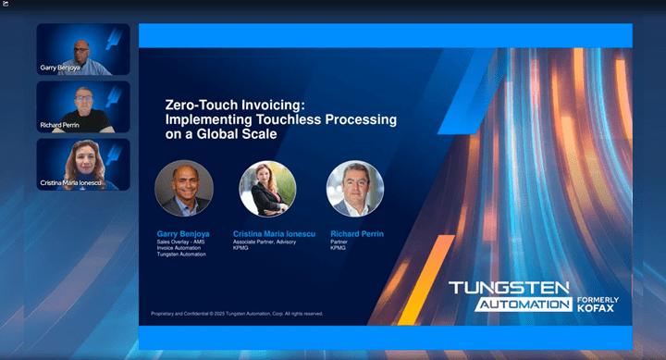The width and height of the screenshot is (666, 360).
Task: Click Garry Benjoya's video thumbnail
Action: coord(83,49)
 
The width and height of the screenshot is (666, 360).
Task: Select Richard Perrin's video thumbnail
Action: coord(83,107)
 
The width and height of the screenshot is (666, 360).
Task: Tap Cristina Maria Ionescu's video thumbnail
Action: coord(83,165)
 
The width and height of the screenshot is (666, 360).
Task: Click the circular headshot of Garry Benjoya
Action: coord(183,189)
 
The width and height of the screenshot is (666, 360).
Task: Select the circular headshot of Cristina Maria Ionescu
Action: coord(267,189)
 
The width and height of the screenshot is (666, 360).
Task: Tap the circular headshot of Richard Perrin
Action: coord(354,189)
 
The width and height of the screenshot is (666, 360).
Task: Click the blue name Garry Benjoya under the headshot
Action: coord(183,234)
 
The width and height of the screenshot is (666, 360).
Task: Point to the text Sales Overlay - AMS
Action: coord(179,242)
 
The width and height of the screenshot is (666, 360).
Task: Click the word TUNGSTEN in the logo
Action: coord(509,288)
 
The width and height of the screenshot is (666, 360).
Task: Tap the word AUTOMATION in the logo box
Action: coord(524,304)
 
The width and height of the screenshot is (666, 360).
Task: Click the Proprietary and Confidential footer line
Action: coord(237,314)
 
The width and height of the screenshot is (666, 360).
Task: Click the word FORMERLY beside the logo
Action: coord(598,299)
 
